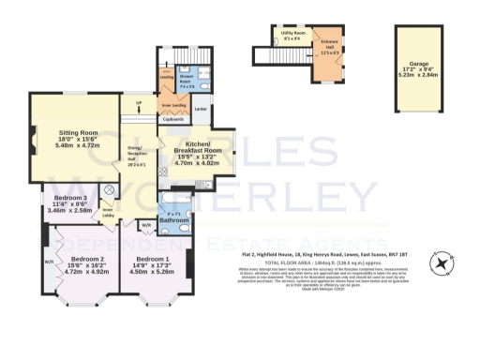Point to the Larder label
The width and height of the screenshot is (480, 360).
200,111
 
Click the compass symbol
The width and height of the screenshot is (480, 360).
440,261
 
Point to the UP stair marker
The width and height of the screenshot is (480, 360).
140,102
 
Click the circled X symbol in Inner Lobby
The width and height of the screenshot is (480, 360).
109,190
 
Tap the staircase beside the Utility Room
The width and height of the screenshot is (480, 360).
268,56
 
